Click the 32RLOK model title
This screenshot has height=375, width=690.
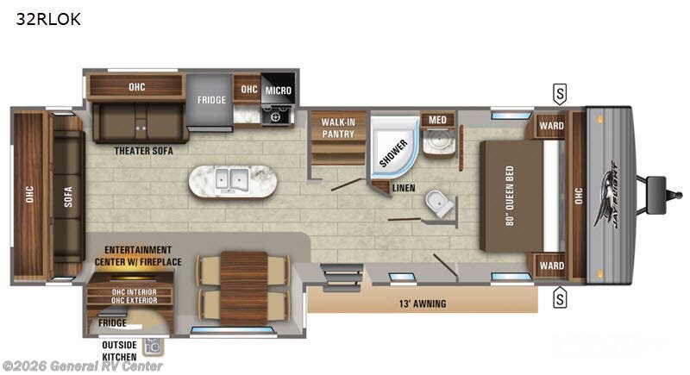click(47, 19)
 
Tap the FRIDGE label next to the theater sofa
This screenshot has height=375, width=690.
click(211, 100)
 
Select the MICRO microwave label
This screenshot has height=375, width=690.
click(278, 90)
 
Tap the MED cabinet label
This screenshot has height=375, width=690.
click(432, 119)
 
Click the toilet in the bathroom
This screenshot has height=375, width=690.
click(440, 204)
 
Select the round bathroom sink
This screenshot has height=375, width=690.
click(440, 141)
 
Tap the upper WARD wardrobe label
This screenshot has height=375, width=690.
click(551, 126)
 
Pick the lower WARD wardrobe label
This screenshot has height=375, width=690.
click(551, 266)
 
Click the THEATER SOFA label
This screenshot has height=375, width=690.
click(144, 151)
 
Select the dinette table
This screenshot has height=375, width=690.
click(243, 285)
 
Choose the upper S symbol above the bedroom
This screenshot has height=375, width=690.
click(561, 92)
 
